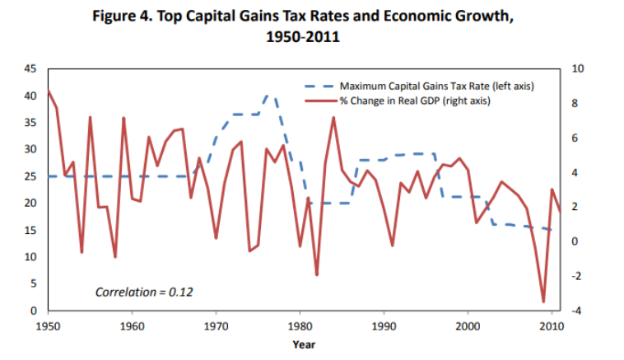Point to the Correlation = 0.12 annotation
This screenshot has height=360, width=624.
click(x=144, y=292)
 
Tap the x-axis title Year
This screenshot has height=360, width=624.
click(x=303, y=344)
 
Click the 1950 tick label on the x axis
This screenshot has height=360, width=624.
click(x=49, y=325)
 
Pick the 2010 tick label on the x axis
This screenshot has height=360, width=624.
click(x=551, y=325)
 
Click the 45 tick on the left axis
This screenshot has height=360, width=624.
click(x=31, y=69)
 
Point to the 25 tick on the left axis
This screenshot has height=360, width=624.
click(x=31, y=176)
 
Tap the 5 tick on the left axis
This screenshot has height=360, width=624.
click(x=34, y=283)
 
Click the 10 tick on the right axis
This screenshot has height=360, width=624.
click(x=575, y=69)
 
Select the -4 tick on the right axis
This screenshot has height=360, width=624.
click(x=575, y=311)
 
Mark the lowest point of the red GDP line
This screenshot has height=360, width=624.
click(x=543, y=302)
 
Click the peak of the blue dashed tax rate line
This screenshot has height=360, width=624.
click(x=267, y=96)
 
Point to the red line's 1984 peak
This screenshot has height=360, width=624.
click(x=333, y=117)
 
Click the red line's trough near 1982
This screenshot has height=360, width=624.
click(x=316, y=274)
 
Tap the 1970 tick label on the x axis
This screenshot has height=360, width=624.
click(x=217, y=325)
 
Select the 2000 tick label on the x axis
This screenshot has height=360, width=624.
click(x=468, y=325)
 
